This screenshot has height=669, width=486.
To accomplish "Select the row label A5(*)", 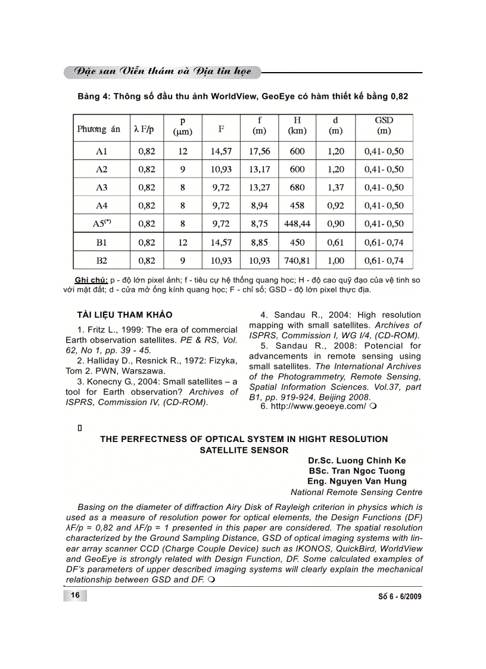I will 102,224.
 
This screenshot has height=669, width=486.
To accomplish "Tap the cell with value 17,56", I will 260,151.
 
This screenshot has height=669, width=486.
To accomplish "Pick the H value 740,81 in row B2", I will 297,260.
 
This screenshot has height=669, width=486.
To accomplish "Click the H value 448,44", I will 297,224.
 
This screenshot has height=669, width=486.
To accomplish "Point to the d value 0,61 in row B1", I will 336,242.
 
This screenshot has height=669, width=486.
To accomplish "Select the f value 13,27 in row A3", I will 260,188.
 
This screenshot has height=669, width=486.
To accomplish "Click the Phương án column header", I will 99,129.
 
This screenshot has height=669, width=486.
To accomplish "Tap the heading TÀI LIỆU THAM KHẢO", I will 124,315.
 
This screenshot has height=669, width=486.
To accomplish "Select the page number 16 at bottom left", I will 76,596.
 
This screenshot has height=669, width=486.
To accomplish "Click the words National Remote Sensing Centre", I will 357,492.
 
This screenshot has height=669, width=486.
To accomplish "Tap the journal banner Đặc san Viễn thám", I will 160,71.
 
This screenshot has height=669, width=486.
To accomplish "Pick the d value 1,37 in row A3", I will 336,188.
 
